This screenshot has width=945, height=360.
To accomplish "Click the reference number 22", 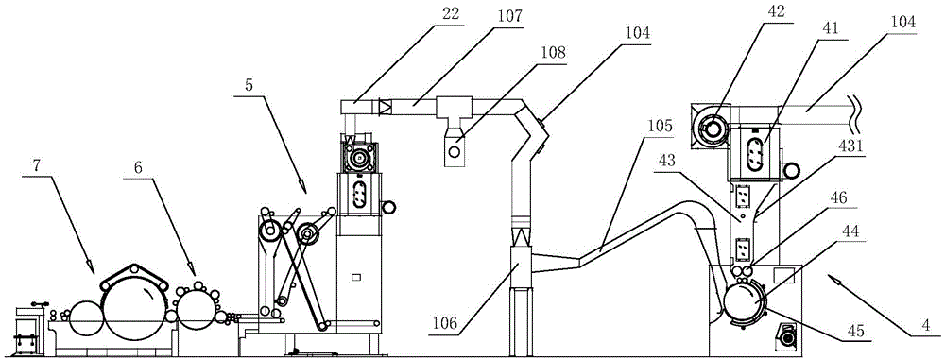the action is [450, 14].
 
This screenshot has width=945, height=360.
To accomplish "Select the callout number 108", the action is [553, 52].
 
